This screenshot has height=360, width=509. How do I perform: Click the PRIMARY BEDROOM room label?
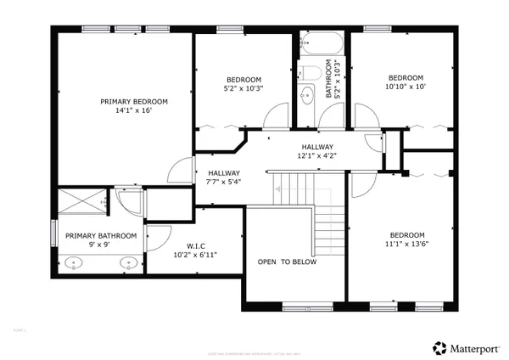click(134, 101)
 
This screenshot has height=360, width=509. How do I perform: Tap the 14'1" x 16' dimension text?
click(134, 110)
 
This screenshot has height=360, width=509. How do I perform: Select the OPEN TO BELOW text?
click(288, 262)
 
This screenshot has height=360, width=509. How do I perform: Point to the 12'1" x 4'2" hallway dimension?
click(316, 155)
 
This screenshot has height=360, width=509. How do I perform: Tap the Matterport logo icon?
click(440, 346)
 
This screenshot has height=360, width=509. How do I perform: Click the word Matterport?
click(477, 346)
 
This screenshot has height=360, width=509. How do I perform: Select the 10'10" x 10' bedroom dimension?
click(406, 86)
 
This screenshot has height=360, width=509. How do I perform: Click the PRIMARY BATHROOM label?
click(101, 235)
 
